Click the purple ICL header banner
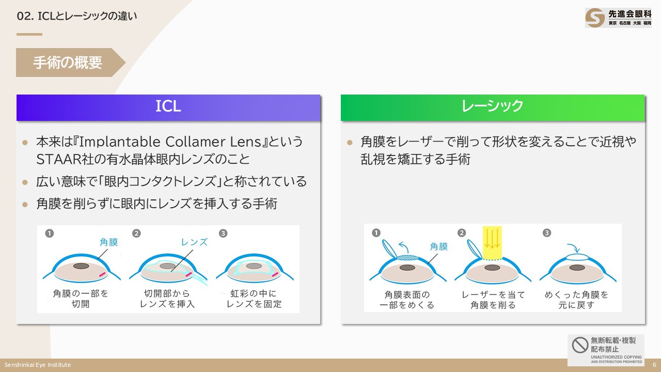168,107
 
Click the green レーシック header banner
493,107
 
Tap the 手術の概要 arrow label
68,63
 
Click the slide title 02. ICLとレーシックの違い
77,16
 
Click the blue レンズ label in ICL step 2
194,242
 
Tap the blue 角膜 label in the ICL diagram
108,241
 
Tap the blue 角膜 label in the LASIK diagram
438,246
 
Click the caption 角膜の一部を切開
81,299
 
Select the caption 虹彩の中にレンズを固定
254,299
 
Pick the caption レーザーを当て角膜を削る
493,300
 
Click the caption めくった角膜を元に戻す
576,300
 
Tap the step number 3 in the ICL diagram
223,233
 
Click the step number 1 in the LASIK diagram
376,233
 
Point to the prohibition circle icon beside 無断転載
580,345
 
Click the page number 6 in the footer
654,365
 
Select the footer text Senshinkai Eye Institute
38,365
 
